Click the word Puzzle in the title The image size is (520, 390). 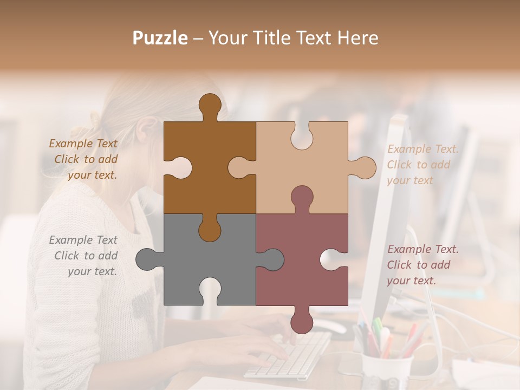160,38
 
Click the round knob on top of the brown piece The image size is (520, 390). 210,105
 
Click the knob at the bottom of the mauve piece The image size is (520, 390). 302,320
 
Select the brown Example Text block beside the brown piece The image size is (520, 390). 84,159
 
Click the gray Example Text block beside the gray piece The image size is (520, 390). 84,256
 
